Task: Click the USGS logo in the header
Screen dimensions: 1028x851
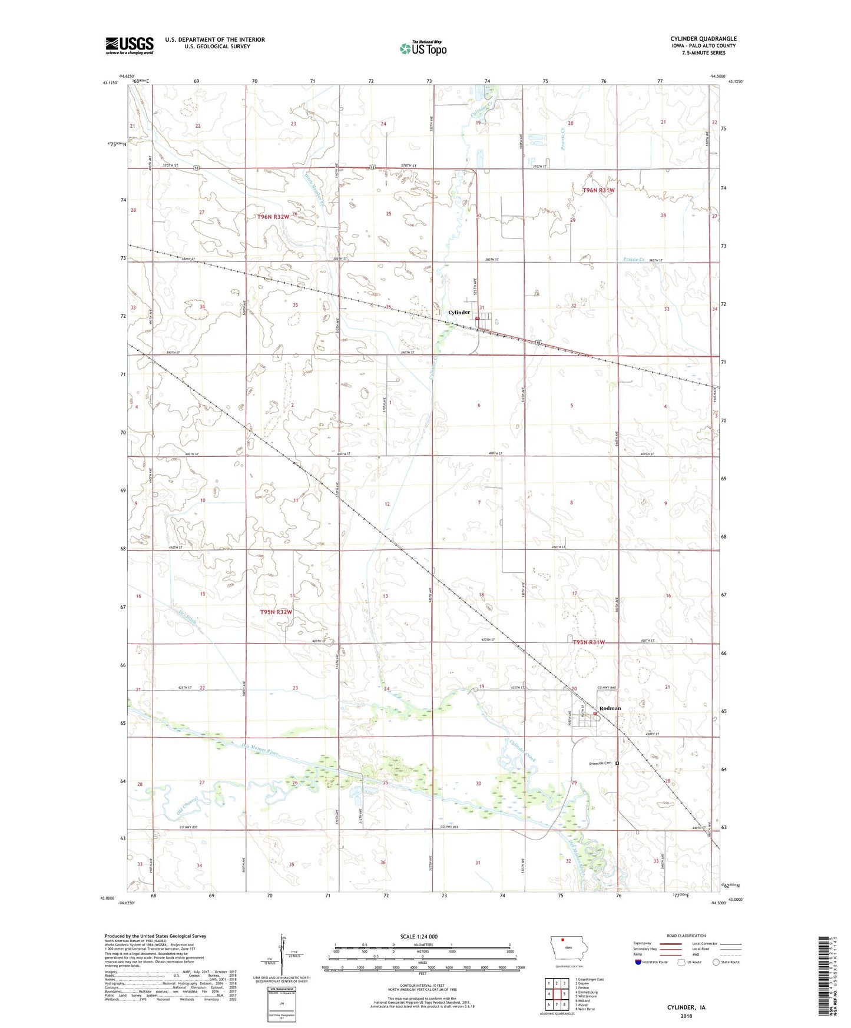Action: click(129, 45)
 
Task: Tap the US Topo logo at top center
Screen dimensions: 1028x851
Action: click(422, 48)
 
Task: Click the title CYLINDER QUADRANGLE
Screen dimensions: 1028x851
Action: click(703, 39)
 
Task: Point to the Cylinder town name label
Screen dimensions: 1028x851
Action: click(459, 313)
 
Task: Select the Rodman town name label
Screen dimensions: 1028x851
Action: click(610, 708)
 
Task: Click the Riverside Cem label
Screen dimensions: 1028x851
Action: click(601, 764)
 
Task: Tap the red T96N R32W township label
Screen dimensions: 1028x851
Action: click(273, 217)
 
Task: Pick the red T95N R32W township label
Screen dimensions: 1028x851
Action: click(276, 612)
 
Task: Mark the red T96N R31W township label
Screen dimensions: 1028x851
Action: click(598, 190)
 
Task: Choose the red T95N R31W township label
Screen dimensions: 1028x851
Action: click(589, 642)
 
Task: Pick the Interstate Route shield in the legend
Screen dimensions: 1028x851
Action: click(638, 962)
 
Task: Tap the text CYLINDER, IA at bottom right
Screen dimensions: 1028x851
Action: click(686, 1007)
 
